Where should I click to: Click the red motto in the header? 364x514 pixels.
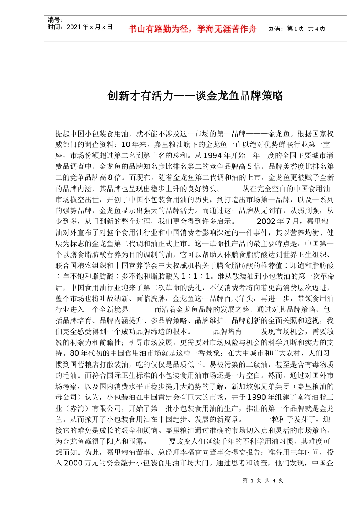pyautogui.click(x=192, y=29)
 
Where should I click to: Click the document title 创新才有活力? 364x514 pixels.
pyautogui.click(x=195, y=96)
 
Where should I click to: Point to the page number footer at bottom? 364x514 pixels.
pyautogui.click(x=263, y=480)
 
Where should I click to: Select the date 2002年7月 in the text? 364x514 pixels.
pyautogui.click(x=278, y=221)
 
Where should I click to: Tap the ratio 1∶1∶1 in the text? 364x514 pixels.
pyautogui.click(x=196, y=277)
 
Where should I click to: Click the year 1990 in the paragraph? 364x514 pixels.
pyautogui.click(x=259, y=397)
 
